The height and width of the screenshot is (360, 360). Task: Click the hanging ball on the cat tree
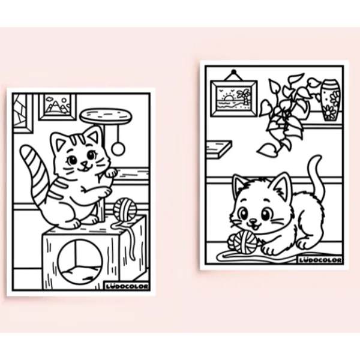118,149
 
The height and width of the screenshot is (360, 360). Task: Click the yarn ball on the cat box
125,210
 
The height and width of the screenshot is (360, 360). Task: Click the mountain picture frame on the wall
58,107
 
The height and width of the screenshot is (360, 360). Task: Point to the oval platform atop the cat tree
106,115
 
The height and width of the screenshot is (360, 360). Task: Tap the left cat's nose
85,163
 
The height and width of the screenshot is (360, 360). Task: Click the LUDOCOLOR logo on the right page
320,260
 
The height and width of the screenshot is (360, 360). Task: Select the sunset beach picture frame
234,99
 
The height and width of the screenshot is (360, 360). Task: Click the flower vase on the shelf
331,100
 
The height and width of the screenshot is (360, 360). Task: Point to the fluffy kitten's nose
253,221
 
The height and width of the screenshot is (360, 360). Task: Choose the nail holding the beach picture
234,71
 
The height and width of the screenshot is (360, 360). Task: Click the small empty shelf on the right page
218,149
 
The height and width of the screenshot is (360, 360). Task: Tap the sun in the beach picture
229,99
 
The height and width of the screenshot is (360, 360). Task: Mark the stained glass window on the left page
23,113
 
